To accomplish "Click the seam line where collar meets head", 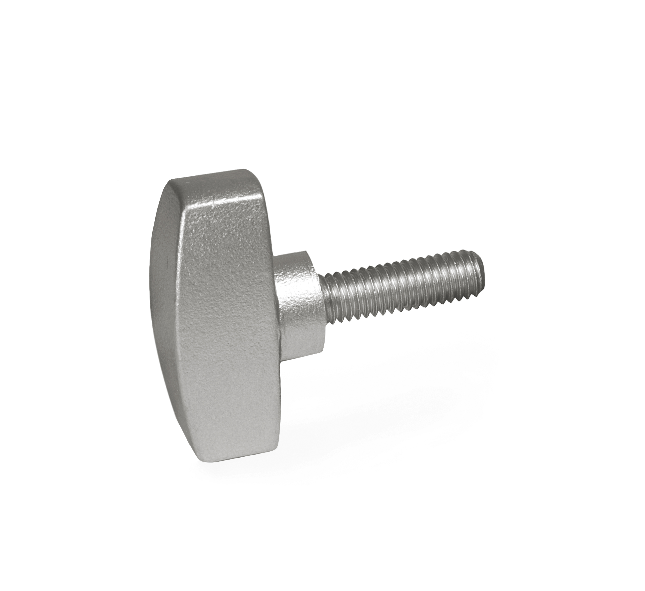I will (x=280, y=320).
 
